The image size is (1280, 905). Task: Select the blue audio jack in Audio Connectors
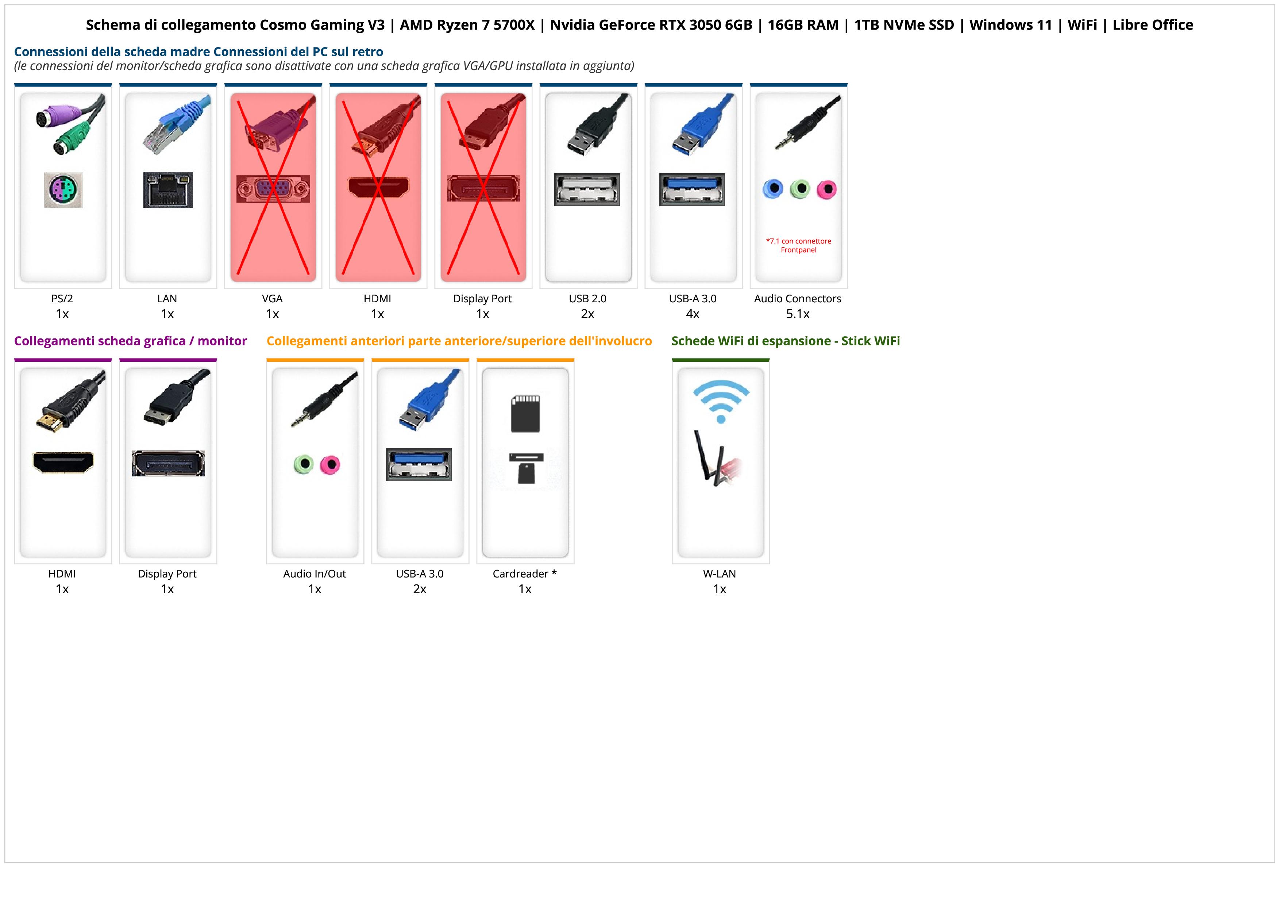773,189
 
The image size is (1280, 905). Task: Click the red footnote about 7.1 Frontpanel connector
798,245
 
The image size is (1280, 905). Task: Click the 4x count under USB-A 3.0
693,314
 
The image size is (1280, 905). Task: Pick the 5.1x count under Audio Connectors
798,314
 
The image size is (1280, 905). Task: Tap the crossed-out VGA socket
273,189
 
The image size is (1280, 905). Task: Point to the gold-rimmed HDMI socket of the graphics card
63,462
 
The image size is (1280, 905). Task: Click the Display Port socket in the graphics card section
168,463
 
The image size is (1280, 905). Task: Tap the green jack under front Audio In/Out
303,464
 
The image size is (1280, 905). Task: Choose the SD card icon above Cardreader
525,414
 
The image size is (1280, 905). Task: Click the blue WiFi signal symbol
721,400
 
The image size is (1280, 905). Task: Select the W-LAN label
719,574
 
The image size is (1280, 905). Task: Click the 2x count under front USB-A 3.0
419,589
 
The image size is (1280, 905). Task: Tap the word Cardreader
520,574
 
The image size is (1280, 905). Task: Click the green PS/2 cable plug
70,139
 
